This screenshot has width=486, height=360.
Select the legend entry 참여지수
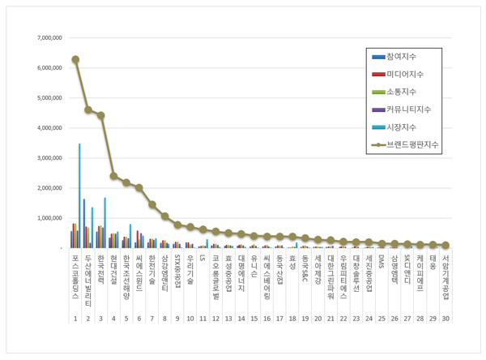(x=405, y=57)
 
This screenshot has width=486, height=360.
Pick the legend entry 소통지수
(x=405, y=92)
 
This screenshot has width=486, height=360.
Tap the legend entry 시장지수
(x=405, y=127)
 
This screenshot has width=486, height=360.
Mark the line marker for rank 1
(x=75, y=59)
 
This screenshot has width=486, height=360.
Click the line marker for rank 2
(x=88, y=109)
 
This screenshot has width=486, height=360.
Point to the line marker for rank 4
(x=113, y=176)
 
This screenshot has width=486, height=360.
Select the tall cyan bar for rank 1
(x=79, y=195)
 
